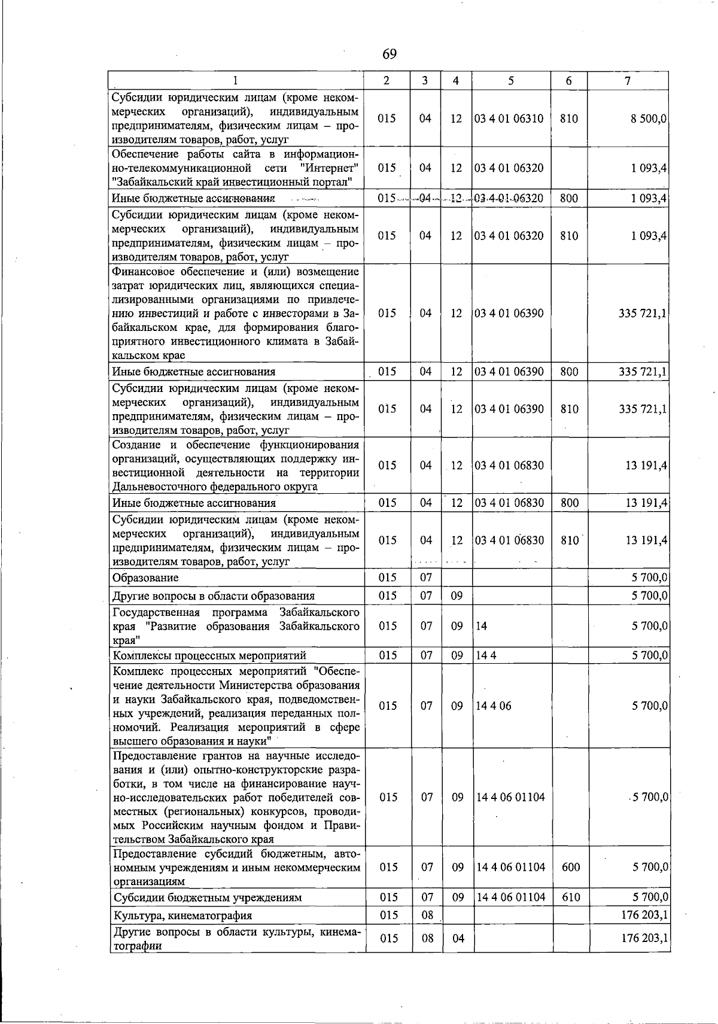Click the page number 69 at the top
(389, 54)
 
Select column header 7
(627, 81)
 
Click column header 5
(510, 81)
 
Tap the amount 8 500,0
(649, 118)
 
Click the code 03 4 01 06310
(509, 118)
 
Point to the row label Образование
(145, 578)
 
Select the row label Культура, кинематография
(182, 915)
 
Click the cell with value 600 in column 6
(571, 867)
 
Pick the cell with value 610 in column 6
(571, 897)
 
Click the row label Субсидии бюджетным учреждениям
(207, 897)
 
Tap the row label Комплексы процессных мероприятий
(209, 655)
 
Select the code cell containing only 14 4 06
(494, 706)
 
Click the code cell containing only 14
(482, 626)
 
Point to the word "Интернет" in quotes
(330, 168)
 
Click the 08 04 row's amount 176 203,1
(644, 938)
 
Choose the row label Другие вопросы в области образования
(214, 595)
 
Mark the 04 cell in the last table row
(458, 938)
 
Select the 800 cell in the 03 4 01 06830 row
(570, 503)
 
